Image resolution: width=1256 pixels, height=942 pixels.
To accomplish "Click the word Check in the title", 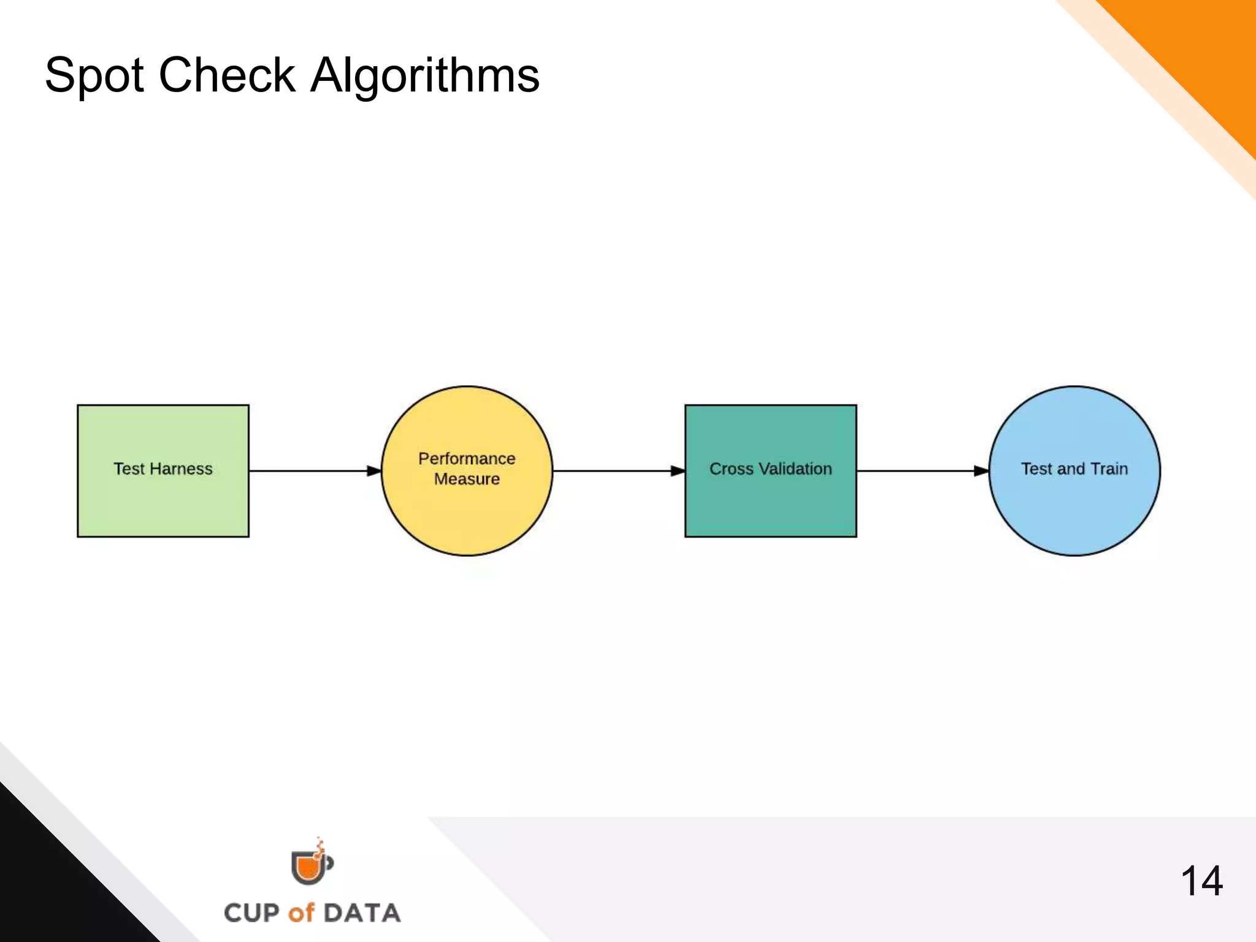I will click(227, 75).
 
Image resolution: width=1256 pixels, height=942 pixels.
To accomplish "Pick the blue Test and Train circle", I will click(1074, 509).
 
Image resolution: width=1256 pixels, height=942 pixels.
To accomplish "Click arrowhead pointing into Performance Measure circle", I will click(374, 471).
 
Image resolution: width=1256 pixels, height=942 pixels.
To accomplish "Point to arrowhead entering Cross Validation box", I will click(678, 471).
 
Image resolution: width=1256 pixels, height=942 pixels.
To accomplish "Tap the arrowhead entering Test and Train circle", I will click(981, 471).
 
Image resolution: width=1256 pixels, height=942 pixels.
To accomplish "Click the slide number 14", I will click(1201, 881).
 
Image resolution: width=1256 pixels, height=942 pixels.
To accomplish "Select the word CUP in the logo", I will click(251, 913).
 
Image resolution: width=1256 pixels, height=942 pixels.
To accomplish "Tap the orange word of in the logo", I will click(301, 913).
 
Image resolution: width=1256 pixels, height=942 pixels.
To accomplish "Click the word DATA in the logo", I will click(362, 913).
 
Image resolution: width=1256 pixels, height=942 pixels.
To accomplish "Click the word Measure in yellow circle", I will click(467, 479).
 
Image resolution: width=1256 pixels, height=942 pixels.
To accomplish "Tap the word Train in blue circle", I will click(1109, 469).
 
